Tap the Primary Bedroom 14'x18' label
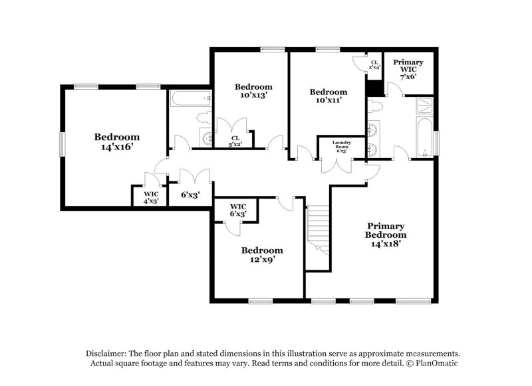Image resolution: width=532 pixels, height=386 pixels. [x=386, y=235]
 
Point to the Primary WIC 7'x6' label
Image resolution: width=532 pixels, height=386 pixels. [x=408, y=69]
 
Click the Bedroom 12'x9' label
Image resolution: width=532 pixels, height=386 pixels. [x=261, y=255]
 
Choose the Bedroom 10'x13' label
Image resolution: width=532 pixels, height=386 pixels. [x=253, y=91]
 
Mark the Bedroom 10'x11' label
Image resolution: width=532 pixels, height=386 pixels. [x=329, y=96]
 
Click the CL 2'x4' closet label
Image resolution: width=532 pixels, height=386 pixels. [x=375, y=64]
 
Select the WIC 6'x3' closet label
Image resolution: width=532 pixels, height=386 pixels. [x=238, y=210]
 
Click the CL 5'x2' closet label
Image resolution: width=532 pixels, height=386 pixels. [x=235, y=141]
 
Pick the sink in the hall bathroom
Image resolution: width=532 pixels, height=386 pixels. [x=207, y=138]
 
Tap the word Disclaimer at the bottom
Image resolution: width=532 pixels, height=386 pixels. [x=106, y=353]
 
